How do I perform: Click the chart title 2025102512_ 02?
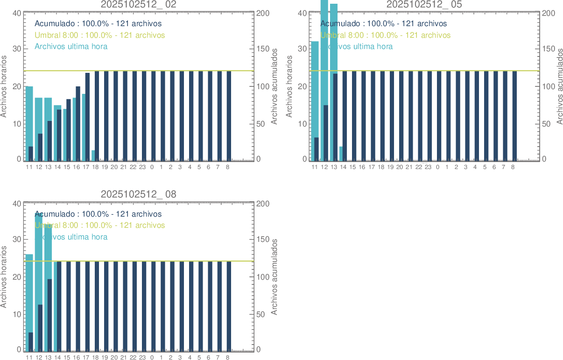click(139, 4)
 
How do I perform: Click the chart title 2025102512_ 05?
click(424, 4)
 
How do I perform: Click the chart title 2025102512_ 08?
click(139, 194)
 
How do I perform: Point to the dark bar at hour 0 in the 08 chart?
click(153, 306)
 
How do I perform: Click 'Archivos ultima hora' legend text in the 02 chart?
click(71, 46)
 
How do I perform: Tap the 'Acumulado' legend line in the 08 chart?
click(98, 214)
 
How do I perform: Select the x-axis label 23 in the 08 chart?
click(142, 357)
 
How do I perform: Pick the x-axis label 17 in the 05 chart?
click(372, 167)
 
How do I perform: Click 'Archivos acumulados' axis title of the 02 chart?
click(274, 86)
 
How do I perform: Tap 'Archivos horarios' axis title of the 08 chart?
click(4, 277)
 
